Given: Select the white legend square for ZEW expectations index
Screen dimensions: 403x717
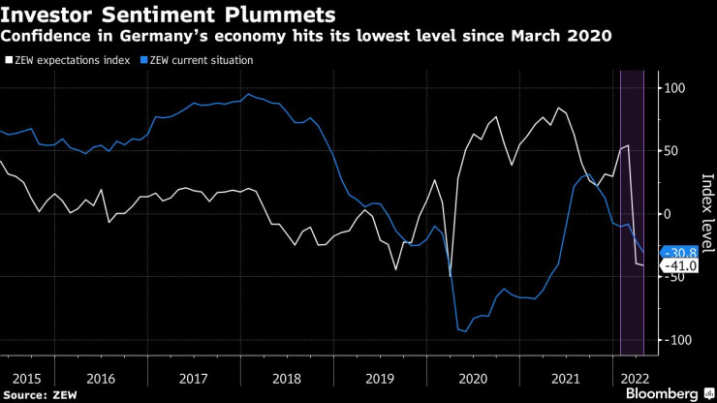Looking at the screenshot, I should [x=8, y=60].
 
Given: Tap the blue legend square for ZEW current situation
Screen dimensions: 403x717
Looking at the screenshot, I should [x=144, y=60].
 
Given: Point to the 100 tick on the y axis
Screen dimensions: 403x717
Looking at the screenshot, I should [x=673, y=88].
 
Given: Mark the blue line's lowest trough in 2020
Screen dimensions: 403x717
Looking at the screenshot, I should [x=464, y=331].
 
